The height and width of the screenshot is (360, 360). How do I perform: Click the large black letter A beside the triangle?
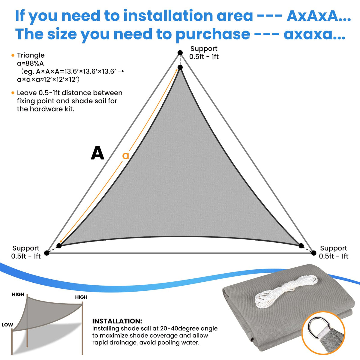coord(97,153)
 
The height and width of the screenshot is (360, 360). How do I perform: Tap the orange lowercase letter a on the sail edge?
coord(125,155)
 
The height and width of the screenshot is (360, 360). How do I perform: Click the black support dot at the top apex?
coord(180,53)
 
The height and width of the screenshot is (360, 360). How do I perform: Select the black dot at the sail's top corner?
coord(180,67)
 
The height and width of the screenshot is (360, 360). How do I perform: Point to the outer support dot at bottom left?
coord(47,253)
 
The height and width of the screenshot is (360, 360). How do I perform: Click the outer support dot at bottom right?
coord(314,253)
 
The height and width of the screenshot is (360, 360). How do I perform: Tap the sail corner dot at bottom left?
coord(59,246)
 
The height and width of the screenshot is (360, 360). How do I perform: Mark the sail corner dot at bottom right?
coord(301,246)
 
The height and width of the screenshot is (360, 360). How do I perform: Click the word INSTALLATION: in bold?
coord(117,321)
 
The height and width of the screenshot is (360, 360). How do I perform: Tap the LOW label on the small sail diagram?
coord(7,325)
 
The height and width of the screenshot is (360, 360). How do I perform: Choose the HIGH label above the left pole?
coord(18,294)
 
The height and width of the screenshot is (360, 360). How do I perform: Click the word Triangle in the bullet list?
coord(31,55)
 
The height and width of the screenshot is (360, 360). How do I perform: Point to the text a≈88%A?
coord(30,64)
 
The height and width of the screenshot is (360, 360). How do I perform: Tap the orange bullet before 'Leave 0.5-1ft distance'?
coord(13,93)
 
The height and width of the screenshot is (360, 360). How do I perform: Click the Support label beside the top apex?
coord(204,49)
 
